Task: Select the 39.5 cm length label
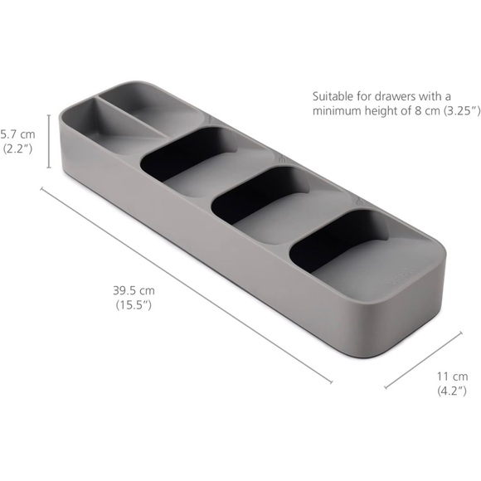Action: (134, 290)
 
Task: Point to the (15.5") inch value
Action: (134, 305)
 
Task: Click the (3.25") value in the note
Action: (458, 111)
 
